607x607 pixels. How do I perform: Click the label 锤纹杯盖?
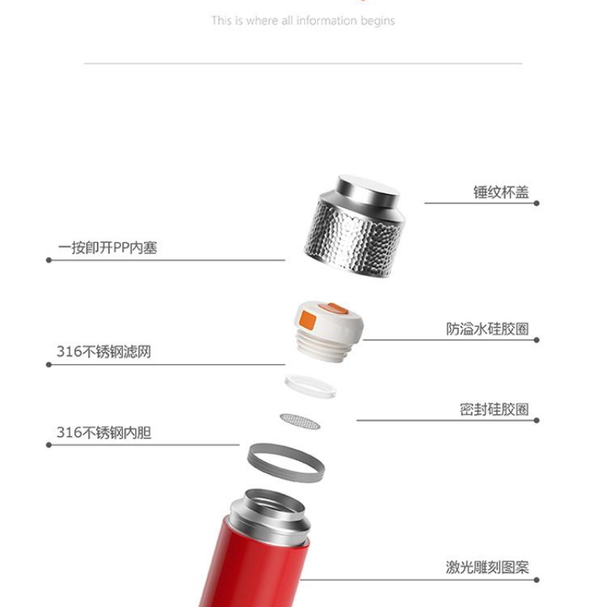point(501,193)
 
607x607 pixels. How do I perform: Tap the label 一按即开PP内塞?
point(108,248)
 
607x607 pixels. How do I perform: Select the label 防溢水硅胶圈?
point(487,329)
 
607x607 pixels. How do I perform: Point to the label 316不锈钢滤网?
point(104,351)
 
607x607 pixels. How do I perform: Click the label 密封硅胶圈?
point(495,409)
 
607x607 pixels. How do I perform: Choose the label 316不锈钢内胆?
point(104,432)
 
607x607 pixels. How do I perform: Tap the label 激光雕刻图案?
point(487,567)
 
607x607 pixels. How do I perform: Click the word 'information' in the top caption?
point(326,20)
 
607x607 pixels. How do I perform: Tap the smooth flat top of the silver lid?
point(368,187)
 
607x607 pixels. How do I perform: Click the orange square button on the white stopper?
point(308,320)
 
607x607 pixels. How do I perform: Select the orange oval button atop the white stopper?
point(333,309)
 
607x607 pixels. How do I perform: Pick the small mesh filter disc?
point(300,422)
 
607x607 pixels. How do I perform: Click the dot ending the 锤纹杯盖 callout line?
point(536,203)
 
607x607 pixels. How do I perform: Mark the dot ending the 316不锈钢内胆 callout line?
point(49,445)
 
